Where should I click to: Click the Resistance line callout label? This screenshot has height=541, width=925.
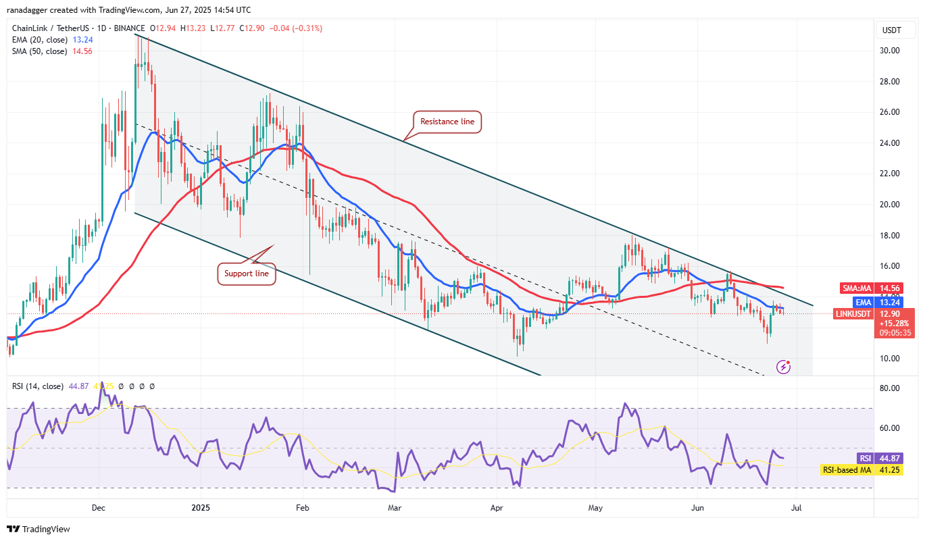coord(447,122)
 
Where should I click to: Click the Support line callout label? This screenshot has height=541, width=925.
coord(246,274)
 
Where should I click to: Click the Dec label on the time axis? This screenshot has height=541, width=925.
coord(98,507)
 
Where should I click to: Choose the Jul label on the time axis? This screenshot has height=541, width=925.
coord(797,507)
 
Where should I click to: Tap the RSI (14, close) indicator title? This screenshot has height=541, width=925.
coord(38,386)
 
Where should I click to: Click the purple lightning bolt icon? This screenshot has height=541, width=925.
coord(784,367)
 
